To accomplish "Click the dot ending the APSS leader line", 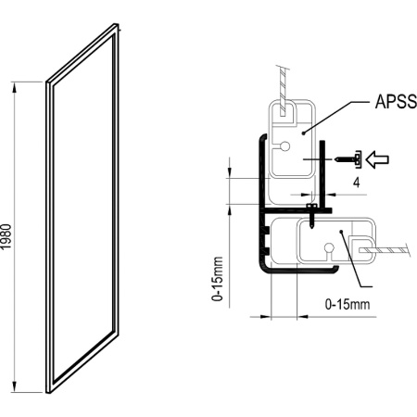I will pyautogui.click(x=306, y=132).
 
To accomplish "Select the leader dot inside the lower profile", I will pyautogui.click(x=343, y=232).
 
